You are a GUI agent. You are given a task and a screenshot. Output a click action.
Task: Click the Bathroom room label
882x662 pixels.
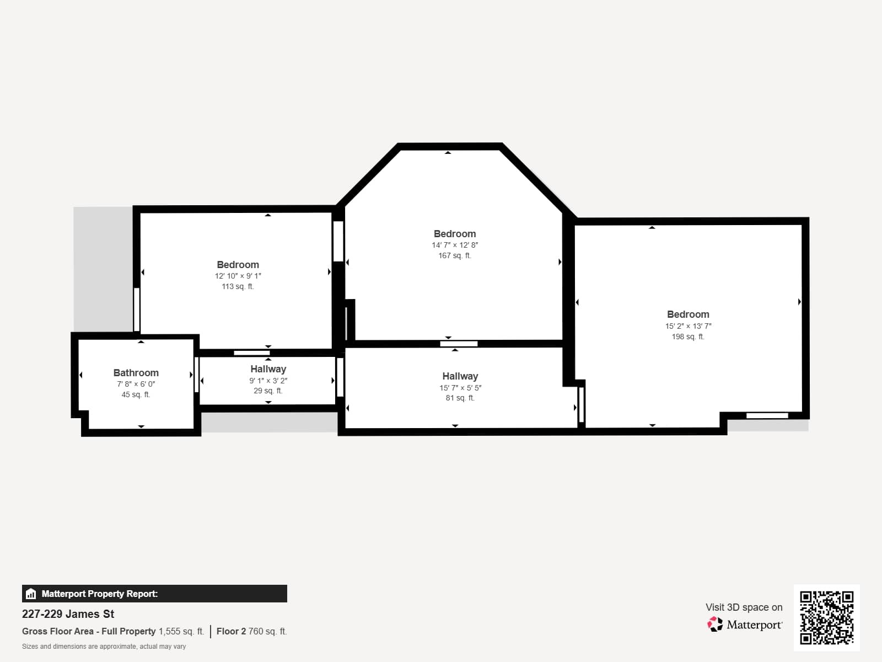click(136, 372)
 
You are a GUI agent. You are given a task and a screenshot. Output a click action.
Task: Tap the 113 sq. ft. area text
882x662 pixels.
click(238, 286)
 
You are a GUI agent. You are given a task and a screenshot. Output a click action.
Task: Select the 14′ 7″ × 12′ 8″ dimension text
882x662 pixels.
click(455, 245)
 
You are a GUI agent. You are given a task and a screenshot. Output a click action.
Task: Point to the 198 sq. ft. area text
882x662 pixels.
click(688, 337)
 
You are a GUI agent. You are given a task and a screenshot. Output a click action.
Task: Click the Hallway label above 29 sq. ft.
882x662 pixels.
click(268, 369)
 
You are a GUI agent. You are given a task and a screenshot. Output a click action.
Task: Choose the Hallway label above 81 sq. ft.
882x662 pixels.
click(460, 376)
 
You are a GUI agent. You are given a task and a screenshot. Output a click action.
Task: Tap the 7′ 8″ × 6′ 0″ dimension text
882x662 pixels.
click(136, 385)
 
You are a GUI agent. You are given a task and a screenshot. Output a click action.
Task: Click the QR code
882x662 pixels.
click(826, 618)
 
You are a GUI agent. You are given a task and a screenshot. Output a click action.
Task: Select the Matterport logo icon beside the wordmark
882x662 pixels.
click(715, 624)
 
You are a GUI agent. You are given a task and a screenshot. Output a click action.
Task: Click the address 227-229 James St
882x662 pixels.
click(68, 614)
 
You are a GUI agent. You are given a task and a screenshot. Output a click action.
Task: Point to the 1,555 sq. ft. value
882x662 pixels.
click(181, 632)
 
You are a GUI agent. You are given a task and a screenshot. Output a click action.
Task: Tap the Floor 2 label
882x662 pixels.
click(231, 632)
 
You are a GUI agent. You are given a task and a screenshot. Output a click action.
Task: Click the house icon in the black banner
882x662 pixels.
click(31, 594)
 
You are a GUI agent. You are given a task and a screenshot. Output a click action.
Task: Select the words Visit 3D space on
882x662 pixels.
click(744, 607)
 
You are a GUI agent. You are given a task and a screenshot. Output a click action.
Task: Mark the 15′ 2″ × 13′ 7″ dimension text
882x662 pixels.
click(688, 326)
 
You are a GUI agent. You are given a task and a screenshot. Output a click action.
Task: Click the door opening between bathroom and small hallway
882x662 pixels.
click(196, 375)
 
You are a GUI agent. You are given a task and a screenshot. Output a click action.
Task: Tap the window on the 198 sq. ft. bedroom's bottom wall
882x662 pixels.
click(767, 415)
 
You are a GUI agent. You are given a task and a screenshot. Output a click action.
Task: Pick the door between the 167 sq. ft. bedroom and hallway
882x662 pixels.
click(459, 344)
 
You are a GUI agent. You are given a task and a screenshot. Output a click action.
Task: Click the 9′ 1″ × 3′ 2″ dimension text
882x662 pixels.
click(268, 381)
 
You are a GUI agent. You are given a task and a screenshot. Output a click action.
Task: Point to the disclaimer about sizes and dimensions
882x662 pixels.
click(104, 647)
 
